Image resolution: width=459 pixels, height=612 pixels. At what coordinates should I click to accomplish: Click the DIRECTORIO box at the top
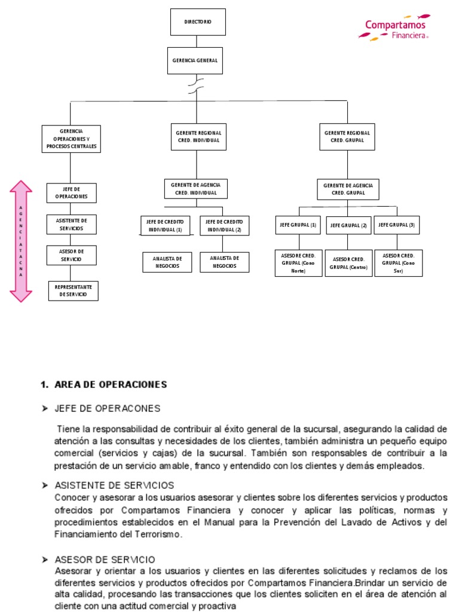coord(198,22)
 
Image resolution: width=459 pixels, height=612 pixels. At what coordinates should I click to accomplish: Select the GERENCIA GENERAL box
coord(195,60)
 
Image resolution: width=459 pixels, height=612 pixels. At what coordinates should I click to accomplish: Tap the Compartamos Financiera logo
coord(395,28)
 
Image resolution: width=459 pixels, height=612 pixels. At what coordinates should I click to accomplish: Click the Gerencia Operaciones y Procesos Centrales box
coord(71,139)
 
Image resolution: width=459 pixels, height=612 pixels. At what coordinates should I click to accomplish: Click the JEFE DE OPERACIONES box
coord(71,192)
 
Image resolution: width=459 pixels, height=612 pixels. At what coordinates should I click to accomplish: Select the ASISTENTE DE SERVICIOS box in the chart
coord(71,224)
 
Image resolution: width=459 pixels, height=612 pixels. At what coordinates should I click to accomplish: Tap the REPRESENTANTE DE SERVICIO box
coord(74,290)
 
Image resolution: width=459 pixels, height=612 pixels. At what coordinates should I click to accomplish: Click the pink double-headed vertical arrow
coord(21,241)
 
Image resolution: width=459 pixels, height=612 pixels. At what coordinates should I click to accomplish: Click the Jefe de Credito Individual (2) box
coord(224,225)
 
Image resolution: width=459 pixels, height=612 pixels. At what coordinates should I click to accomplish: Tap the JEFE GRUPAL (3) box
coord(397,225)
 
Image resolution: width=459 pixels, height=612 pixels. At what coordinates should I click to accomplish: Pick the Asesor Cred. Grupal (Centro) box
coord(348,263)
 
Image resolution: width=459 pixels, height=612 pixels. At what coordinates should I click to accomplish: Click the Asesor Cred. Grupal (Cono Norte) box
coord(298,262)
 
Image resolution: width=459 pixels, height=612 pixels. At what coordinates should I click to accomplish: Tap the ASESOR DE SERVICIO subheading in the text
coord(105,560)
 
